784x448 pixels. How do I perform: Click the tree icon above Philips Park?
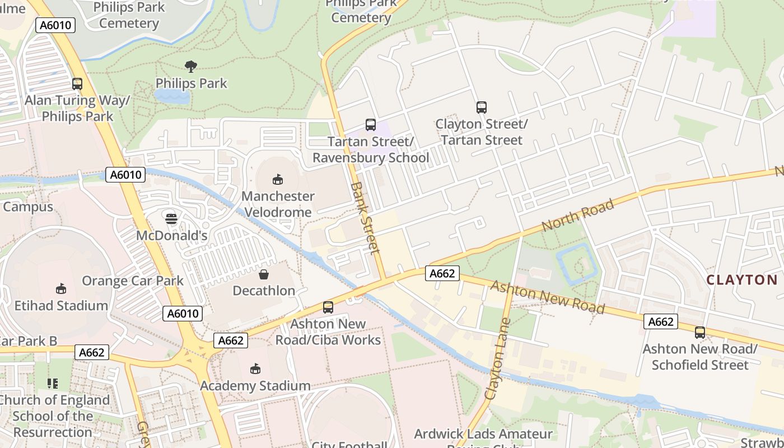pyautogui.click(x=191, y=67)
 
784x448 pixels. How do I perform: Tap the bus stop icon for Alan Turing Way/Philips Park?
pyautogui.click(x=77, y=84)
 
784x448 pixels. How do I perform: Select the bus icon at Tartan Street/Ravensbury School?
pyautogui.click(x=370, y=125)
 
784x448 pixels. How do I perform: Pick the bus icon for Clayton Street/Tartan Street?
pyautogui.click(x=481, y=108)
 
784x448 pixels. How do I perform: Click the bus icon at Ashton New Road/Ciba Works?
pyautogui.click(x=328, y=307)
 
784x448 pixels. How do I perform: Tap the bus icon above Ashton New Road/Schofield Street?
pyautogui.click(x=700, y=333)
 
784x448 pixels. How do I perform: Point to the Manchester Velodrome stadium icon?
pyautogui.click(x=277, y=179)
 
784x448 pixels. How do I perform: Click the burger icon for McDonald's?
pyautogui.click(x=171, y=218)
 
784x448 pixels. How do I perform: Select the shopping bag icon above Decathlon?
pyautogui.click(x=264, y=274)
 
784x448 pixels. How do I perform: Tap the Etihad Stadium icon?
pyautogui.click(x=61, y=289)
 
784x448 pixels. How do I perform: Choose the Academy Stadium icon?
pyautogui.click(x=255, y=368)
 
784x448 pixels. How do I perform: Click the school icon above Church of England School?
pyautogui.click(x=53, y=384)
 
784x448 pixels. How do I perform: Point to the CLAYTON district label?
pyautogui.click(x=742, y=280)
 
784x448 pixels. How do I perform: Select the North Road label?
pyautogui.click(x=578, y=216)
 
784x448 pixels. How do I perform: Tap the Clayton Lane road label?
pyautogui.click(x=498, y=358)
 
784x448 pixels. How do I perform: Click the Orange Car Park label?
pyautogui.click(x=133, y=281)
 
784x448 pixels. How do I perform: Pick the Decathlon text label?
pyautogui.click(x=264, y=291)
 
